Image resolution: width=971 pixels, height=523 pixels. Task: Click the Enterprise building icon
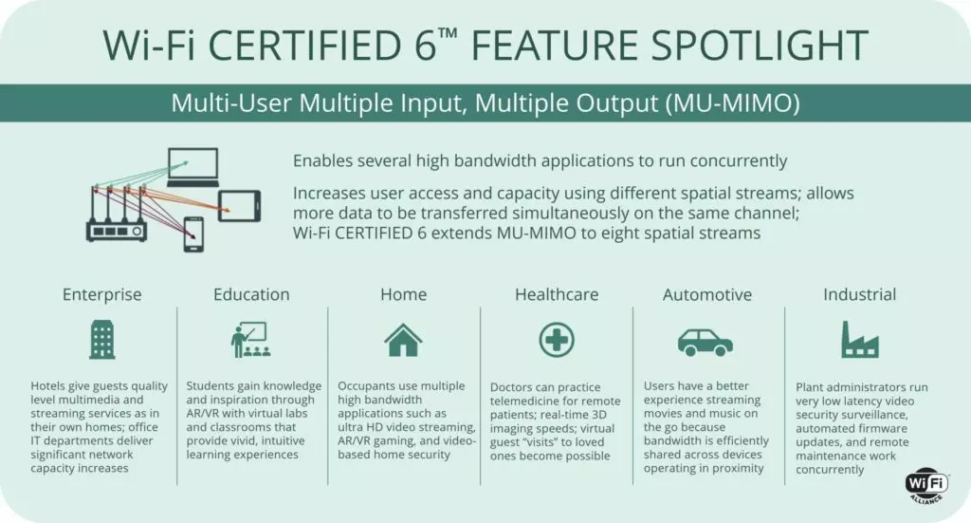[x=102, y=340]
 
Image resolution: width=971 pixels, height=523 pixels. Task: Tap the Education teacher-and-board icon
[x=250, y=340]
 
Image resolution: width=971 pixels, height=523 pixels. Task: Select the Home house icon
[x=403, y=340]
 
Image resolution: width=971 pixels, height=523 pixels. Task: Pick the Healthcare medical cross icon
[x=557, y=340]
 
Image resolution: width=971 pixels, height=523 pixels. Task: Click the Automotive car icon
[x=705, y=343]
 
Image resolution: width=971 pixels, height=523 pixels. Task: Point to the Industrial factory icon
[x=859, y=340]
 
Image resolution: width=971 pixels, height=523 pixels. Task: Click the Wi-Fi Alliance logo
[x=927, y=485]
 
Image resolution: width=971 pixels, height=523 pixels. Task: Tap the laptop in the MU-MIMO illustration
[x=193, y=167]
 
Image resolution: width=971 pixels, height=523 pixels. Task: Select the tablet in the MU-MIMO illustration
[x=240, y=206]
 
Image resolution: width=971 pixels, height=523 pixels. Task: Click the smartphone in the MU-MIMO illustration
[x=193, y=234]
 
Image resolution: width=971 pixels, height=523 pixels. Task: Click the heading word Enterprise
[x=102, y=294]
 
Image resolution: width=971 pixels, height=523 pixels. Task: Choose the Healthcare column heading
[x=557, y=294]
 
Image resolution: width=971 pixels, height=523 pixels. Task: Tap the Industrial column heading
[x=859, y=294]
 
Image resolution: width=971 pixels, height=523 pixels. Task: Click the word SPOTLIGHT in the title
[x=760, y=46]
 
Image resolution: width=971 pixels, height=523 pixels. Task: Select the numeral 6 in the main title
[x=426, y=46]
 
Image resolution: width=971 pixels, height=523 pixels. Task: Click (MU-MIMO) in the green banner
[x=733, y=103]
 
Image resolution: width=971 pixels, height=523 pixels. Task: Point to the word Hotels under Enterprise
[x=47, y=386]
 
